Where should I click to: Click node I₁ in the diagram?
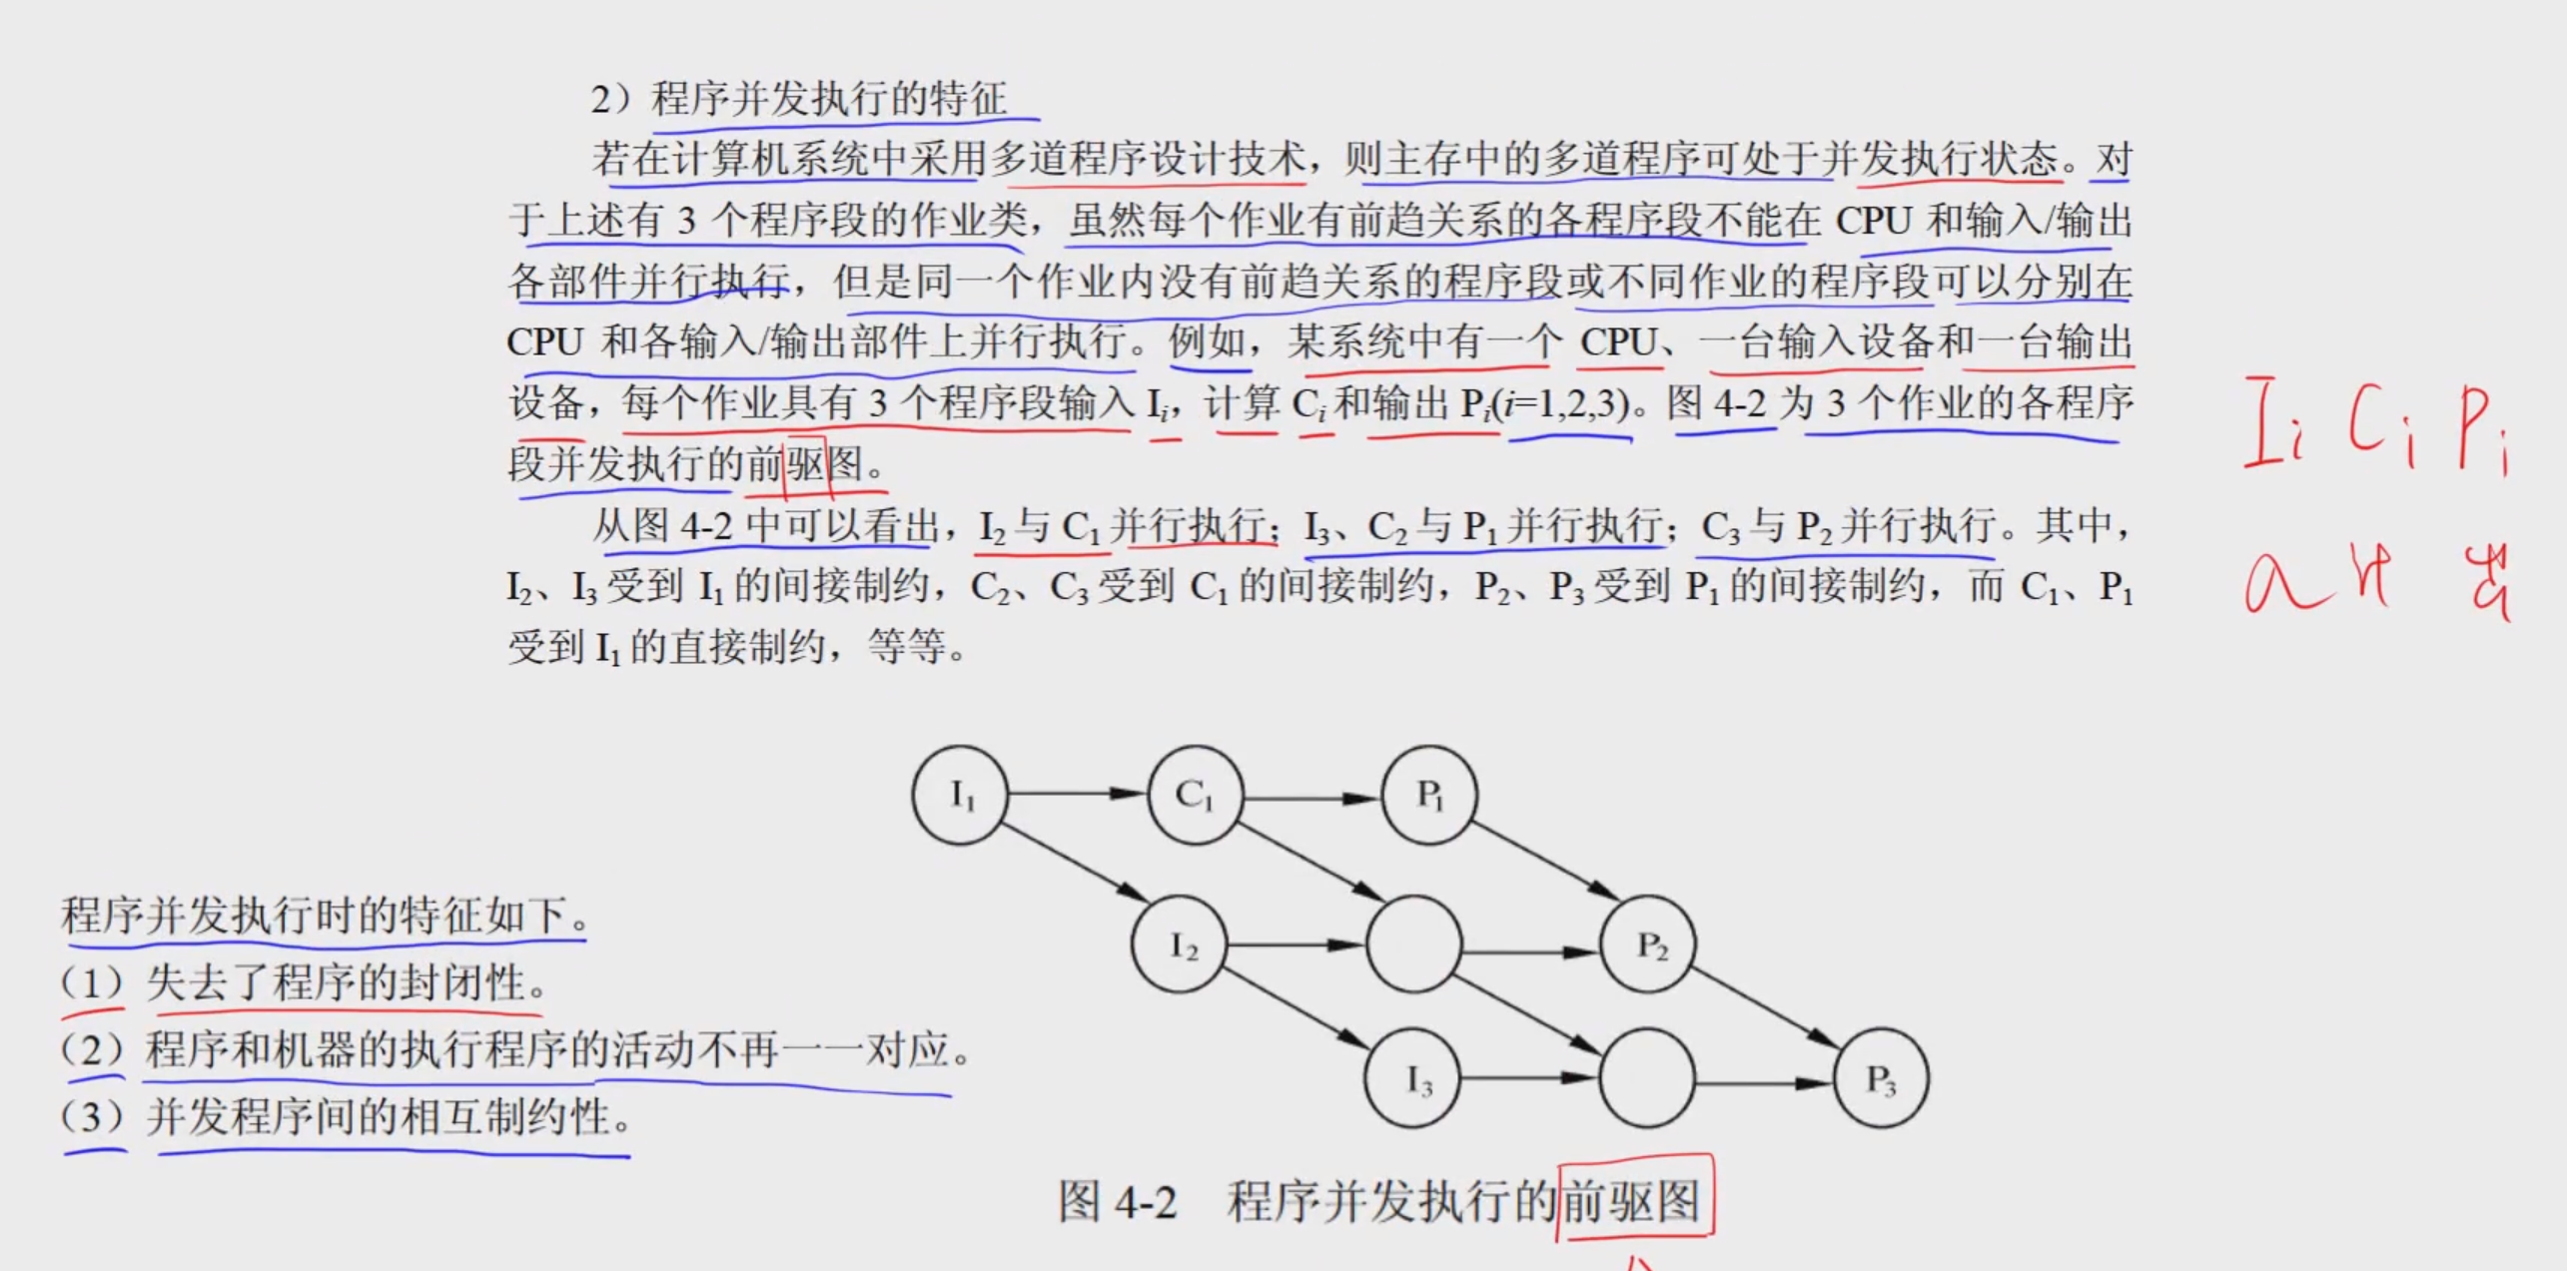[x=960, y=795]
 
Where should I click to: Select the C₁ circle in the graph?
[x=1196, y=795]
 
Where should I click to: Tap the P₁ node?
[x=1429, y=795]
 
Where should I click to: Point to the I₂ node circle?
[x=1180, y=945]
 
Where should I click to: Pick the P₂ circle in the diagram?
[x=1649, y=945]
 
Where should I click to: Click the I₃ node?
[x=1413, y=1079]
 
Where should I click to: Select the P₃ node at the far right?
[x=1882, y=1079]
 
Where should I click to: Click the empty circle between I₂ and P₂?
[x=1414, y=945]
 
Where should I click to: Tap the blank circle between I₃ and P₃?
[x=1648, y=1079]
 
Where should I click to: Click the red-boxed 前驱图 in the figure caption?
[x=1632, y=1199]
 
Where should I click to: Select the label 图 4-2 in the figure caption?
[x=1118, y=1201]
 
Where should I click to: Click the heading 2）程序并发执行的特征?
[x=799, y=99]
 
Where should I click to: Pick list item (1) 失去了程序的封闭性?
[x=305, y=983]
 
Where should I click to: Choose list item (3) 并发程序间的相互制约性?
[x=346, y=1117]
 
